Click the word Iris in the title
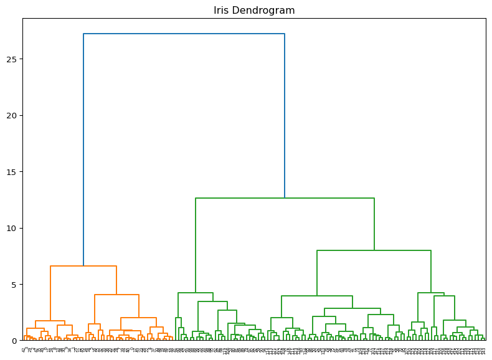point(222,11)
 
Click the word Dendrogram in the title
point(263,11)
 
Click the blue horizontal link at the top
point(184,34)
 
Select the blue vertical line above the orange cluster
point(83,149)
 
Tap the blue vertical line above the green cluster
point(285,116)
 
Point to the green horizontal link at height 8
point(374,250)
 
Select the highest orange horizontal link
point(83,266)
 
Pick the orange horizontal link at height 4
point(116,295)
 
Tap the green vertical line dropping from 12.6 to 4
point(196,245)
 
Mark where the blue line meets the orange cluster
point(83,266)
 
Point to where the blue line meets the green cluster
point(285,198)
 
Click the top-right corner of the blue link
point(285,34)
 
